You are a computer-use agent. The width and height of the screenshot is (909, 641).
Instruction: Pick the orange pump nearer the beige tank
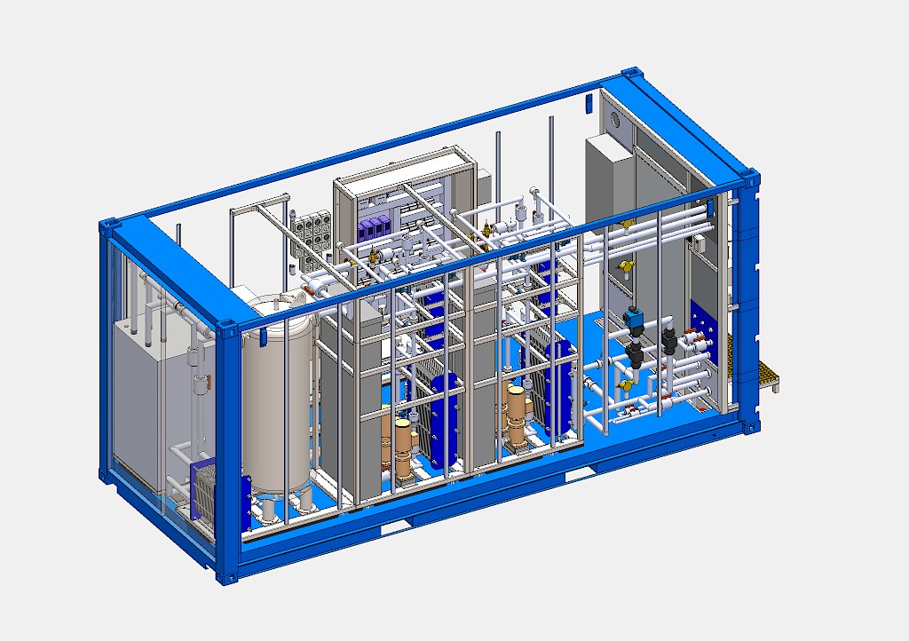[401, 448]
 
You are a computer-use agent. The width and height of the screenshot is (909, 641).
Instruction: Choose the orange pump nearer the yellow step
[514, 418]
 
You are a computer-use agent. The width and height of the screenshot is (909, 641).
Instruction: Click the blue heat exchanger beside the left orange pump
[440, 417]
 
